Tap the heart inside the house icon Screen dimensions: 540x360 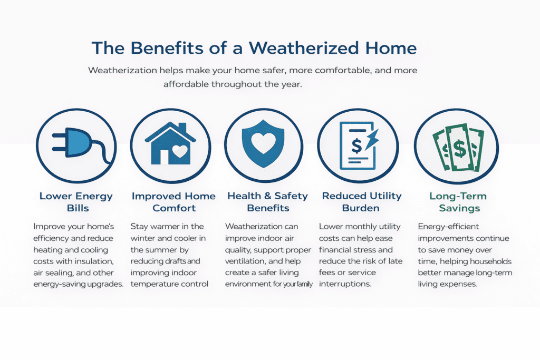coord(180,151)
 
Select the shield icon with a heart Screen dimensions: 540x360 coord(264,143)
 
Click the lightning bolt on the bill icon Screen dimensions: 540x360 coord(372,140)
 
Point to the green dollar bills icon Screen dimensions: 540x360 coord(458,148)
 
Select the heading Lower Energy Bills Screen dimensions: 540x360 coord(76,202)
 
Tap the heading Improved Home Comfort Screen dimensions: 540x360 coord(173,202)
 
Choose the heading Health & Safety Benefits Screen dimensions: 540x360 coord(267,202)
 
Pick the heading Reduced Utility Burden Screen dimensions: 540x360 coord(362,202)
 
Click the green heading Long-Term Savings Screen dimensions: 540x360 coord(458,202)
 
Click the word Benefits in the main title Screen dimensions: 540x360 coord(167,48)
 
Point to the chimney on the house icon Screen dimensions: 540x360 coord(182,128)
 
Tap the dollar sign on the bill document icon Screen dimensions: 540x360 coord(356,145)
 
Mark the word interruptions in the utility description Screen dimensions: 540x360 coord(345,284)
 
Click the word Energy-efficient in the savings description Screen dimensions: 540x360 coord(448,227)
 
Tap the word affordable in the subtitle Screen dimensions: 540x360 coord(186,84)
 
